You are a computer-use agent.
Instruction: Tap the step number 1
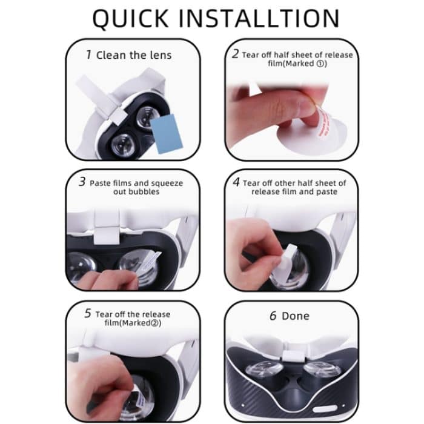click(x=88, y=55)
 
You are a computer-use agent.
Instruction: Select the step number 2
click(x=236, y=54)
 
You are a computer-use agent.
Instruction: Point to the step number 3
click(x=82, y=182)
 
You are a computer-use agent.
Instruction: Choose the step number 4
click(x=236, y=182)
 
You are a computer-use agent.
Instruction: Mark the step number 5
click(x=88, y=314)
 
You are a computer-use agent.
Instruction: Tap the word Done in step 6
click(x=296, y=316)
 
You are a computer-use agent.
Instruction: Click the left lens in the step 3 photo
click(x=81, y=267)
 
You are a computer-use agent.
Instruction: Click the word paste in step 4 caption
click(x=323, y=192)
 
